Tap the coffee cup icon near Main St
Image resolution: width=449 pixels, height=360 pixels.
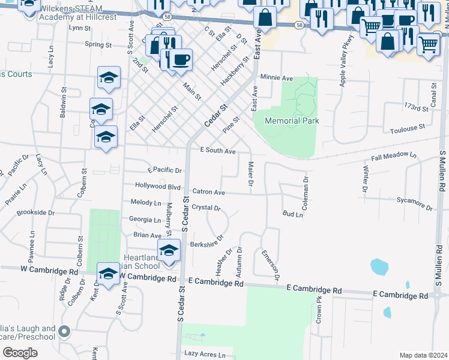click(180, 60)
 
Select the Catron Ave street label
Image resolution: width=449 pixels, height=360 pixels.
click(208, 193)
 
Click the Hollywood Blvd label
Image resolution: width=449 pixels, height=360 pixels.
click(158, 187)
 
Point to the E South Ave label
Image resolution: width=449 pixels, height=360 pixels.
click(218, 151)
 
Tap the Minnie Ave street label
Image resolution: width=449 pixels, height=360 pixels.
click(276, 78)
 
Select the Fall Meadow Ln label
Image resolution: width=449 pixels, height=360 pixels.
click(394, 156)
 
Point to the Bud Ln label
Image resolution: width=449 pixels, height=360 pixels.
click(293, 214)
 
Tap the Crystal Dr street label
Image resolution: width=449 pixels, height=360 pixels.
click(206, 208)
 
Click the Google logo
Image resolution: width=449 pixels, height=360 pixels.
click(20, 353)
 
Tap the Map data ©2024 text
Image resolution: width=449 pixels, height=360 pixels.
click(423, 355)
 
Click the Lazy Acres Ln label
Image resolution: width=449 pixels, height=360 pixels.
click(205, 355)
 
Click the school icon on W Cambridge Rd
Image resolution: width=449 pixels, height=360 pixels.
click(108, 274)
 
